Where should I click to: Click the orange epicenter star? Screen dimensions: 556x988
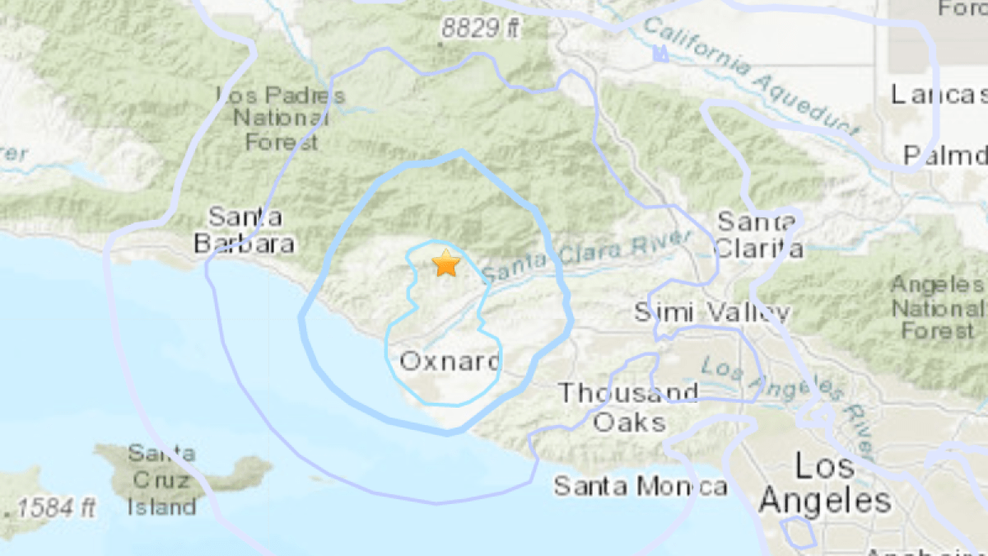445,264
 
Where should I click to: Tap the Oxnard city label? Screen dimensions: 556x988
450,360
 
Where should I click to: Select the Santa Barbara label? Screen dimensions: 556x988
245,231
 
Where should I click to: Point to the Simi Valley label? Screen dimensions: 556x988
713,312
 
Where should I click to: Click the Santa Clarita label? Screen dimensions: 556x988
758,235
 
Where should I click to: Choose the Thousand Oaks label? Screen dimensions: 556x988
629,407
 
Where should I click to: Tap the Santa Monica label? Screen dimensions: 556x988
640,485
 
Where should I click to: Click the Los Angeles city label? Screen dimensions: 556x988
825,484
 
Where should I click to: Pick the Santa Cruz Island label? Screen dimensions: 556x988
161,480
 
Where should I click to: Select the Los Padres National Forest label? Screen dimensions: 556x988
281,118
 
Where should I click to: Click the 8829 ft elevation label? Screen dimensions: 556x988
482,29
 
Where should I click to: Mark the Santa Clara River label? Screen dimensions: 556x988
587,258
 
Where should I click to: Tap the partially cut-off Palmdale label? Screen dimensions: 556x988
944,155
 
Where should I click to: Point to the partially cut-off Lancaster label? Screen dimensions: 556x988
939,94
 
